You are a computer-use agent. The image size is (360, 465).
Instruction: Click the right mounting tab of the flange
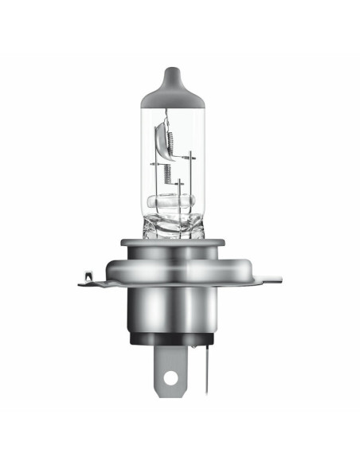[267, 279]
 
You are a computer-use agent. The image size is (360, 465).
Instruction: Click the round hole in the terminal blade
[170, 378]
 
